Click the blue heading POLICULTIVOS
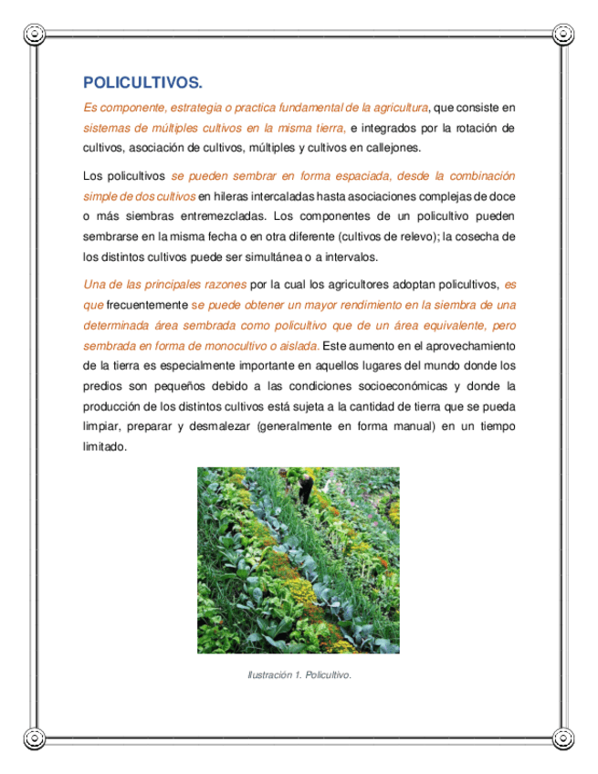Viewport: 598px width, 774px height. click(142, 82)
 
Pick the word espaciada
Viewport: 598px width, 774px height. click(338, 175)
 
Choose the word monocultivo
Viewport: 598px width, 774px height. click(247, 345)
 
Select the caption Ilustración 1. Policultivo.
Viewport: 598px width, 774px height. click(299, 675)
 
